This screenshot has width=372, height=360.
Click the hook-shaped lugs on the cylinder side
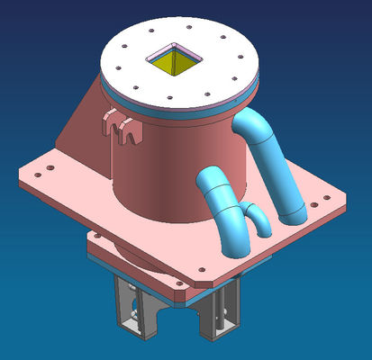click(123, 128)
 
